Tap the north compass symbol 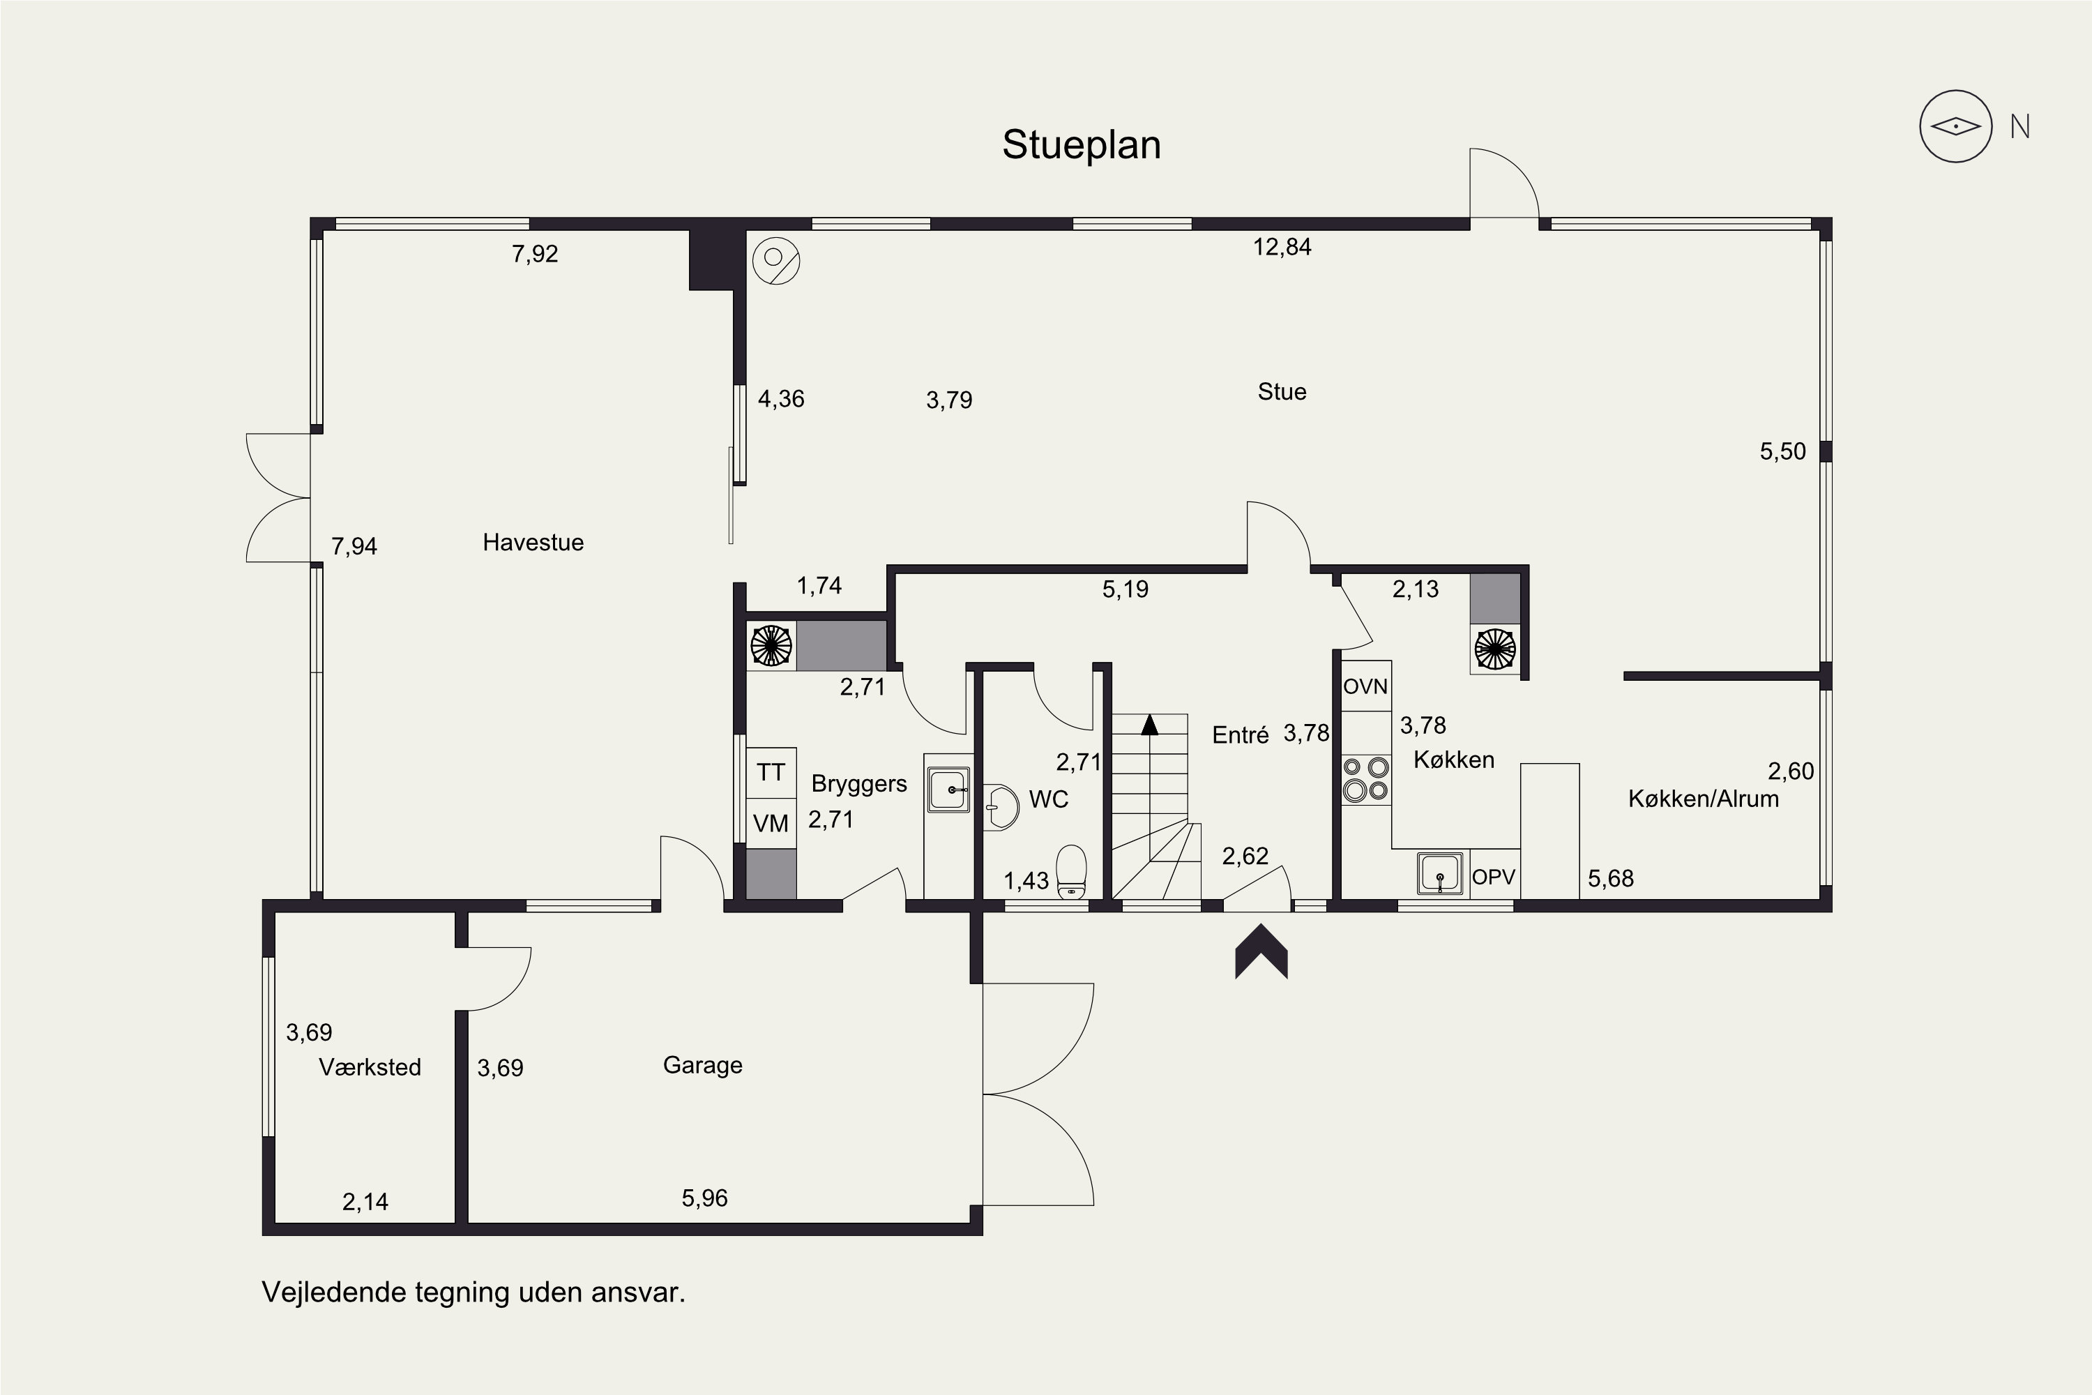point(1955,126)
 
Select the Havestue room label point(533,542)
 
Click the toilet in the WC point(1071,873)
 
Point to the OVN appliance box point(1365,686)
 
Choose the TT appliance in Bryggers point(771,772)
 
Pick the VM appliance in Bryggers point(771,823)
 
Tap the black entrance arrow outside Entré point(1261,951)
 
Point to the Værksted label point(370,1066)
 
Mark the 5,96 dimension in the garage point(704,1198)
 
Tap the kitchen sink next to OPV point(1440,873)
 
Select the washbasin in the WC point(1001,807)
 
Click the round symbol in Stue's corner point(775,261)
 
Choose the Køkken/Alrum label point(1704,799)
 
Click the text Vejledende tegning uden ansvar point(473,1292)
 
